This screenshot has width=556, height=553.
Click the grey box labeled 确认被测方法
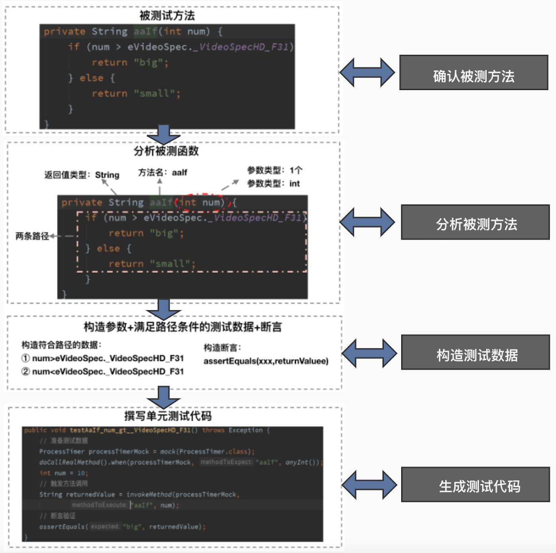[x=473, y=73]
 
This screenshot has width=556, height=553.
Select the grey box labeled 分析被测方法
[x=475, y=222]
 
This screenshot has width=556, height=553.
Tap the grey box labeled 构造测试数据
[x=476, y=352]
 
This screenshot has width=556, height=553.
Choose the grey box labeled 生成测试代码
[x=476, y=485]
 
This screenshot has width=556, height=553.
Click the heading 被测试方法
[x=167, y=16]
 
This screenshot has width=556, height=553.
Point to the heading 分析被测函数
[x=166, y=151]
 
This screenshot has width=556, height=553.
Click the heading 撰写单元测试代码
[x=168, y=416]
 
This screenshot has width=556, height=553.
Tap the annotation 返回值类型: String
[x=82, y=175]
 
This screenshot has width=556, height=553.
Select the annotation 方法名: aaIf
[x=162, y=173]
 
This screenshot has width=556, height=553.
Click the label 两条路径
[x=32, y=236]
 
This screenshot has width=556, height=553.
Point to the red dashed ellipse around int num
[x=203, y=202]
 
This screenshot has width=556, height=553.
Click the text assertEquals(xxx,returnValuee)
[x=266, y=361]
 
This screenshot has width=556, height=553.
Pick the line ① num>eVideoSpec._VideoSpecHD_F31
[x=103, y=358]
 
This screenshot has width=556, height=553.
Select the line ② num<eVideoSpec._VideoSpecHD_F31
[x=103, y=372]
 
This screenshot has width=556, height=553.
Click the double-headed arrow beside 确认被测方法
[x=367, y=73]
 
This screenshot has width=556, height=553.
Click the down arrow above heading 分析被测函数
[x=163, y=134]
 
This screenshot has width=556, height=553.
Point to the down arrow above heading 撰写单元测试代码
[x=163, y=397]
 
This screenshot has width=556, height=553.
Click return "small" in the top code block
[x=136, y=93]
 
